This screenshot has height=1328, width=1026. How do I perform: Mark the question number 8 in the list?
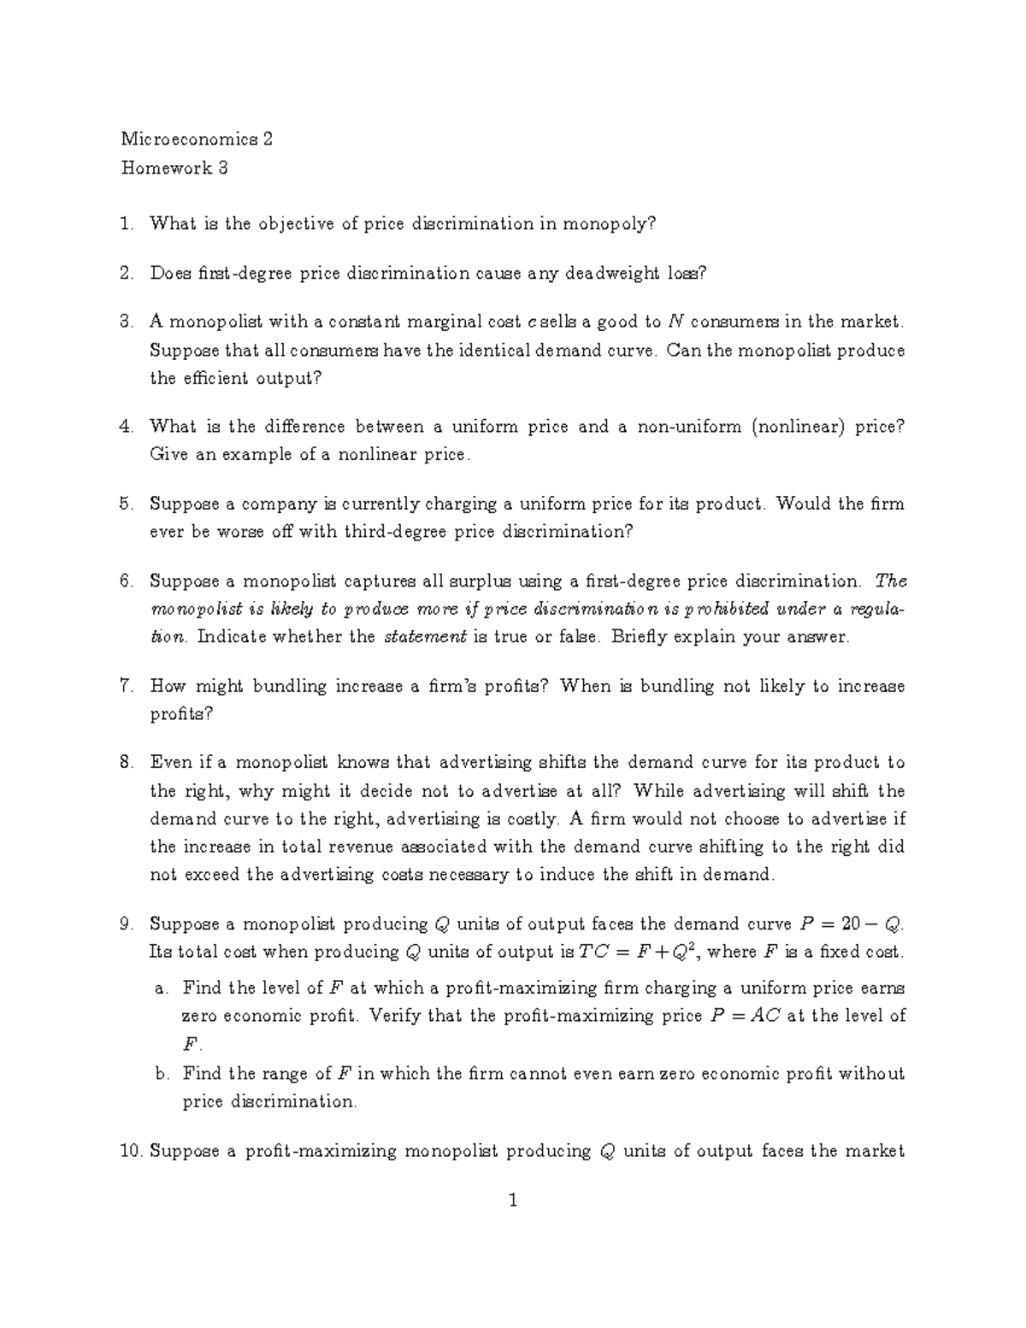pos(127,763)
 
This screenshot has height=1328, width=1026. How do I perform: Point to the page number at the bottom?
pos(513,1201)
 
